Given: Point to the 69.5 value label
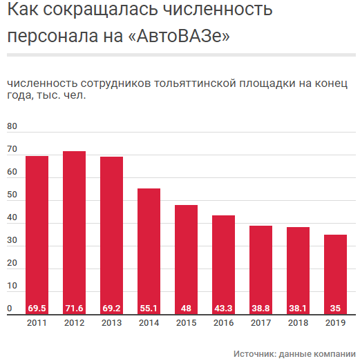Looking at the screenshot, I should tap(37, 309).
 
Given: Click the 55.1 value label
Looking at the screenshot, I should tap(149, 309).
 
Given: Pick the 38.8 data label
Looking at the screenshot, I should tap(260, 309).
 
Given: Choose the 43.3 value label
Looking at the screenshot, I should tap(223, 309).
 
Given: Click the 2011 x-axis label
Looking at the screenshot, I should tap(37, 322).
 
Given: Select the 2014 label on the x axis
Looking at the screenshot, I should tap(149, 322).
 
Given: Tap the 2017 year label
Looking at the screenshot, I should tap(260, 322).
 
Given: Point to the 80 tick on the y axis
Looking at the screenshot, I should tap(12, 127).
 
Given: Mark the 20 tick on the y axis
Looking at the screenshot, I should tap(12, 263).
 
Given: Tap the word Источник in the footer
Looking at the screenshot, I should tap(254, 353).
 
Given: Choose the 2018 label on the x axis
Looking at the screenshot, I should tap(298, 322).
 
